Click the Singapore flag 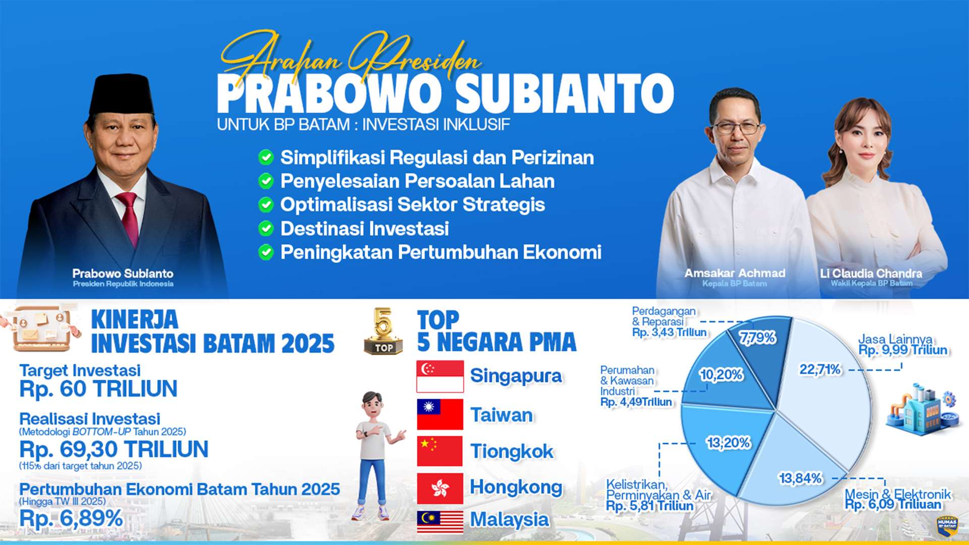(x=440, y=376)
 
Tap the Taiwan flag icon (x=440, y=414)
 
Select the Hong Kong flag (x=440, y=488)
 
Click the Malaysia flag (x=440, y=522)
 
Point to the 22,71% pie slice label (x=820, y=370)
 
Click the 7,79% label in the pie (x=758, y=338)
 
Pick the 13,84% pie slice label (x=800, y=478)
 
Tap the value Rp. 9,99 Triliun (x=902, y=350)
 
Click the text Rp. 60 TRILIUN (x=98, y=389)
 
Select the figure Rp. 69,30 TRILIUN (x=114, y=449)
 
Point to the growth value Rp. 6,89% (x=71, y=518)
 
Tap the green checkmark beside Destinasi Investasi (x=266, y=229)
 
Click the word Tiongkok (x=512, y=452)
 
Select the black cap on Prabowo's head (x=122, y=94)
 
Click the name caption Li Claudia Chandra (x=871, y=274)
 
